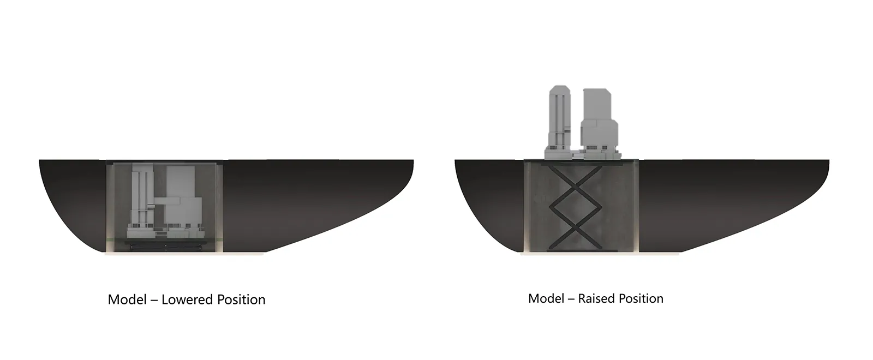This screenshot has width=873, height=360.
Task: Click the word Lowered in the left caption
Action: pos(188,299)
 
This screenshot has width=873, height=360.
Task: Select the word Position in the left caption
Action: pos(241,299)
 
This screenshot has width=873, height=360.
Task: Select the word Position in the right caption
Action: pos(641,298)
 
